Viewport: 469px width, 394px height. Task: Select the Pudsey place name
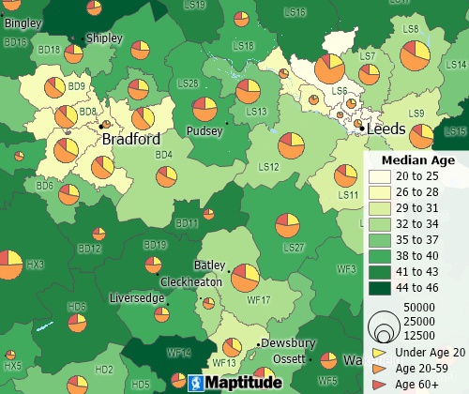204,131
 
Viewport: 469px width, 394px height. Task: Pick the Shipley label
103,38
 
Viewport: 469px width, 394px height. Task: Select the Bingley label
23,23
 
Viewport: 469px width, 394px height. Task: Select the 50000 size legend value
420,308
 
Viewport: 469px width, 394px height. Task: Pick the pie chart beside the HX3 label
8,265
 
